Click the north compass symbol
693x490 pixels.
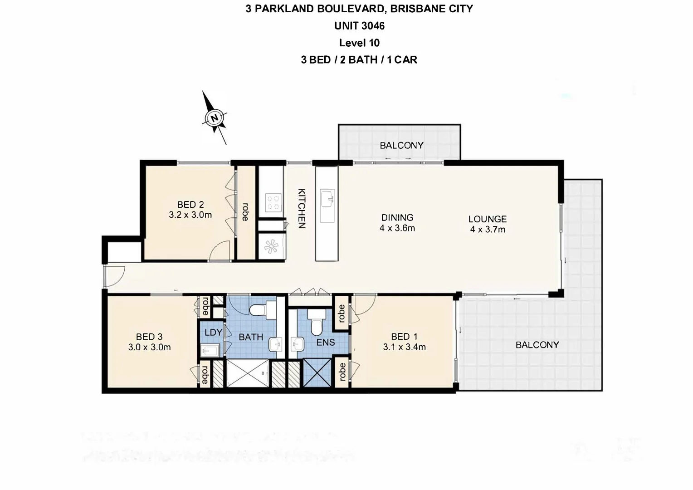[x=215, y=118]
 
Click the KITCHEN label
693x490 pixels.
[x=301, y=208]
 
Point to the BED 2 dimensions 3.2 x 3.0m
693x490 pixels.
[x=190, y=215]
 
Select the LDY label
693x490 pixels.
[x=213, y=332]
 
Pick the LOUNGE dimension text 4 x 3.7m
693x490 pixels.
[x=488, y=230]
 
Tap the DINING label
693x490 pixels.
[x=397, y=218]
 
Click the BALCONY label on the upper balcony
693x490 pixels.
[x=401, y=146]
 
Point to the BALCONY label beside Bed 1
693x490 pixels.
[x=537, y=345]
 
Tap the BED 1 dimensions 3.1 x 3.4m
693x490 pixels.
[x=404, y=348]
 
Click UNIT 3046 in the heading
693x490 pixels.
[x=359, y=26]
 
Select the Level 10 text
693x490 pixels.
[x=359, y=43]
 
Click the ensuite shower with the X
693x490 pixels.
[x=317, y=372]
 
